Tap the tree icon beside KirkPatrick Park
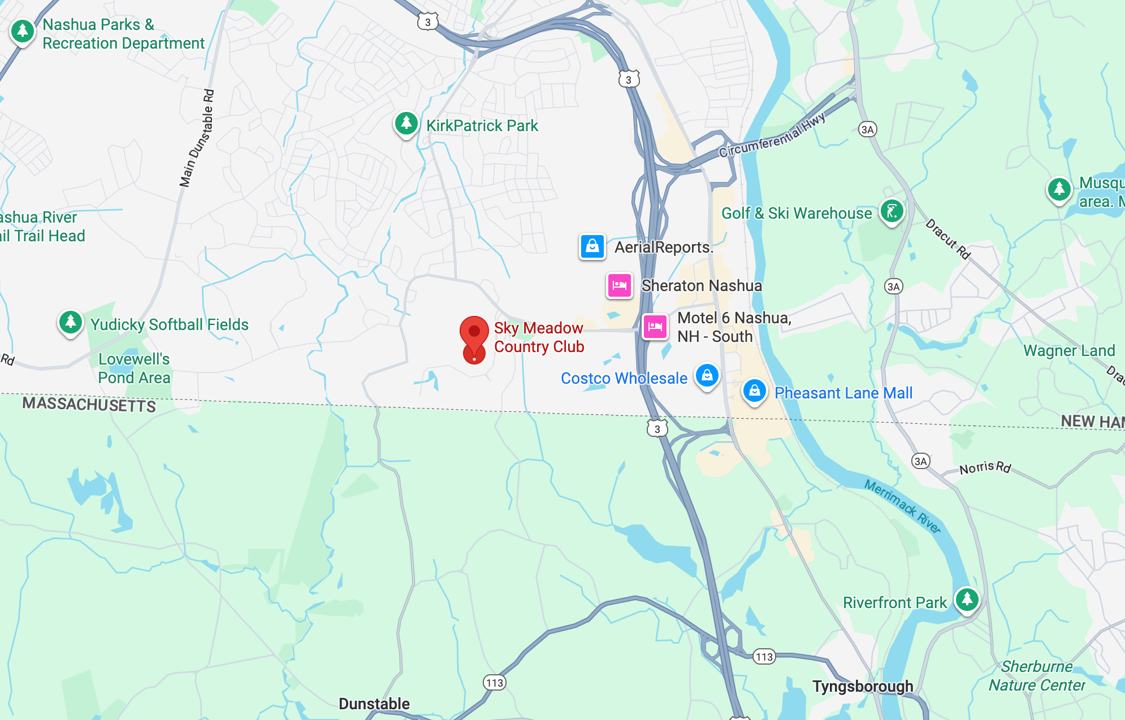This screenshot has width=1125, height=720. [406, 123]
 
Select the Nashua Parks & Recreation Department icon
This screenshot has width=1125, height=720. [23, 31]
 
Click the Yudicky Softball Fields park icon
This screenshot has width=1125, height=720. [71, 322]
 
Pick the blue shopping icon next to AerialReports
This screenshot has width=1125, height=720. [592, 246]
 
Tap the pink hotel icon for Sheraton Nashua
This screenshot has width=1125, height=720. [620, 285]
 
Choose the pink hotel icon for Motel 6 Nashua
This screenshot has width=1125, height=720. [655, 326]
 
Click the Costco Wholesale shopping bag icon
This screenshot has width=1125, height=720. [707, 375]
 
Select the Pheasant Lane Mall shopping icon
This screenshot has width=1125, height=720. [754, 391]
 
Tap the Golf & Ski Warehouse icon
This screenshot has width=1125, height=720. [892, 212]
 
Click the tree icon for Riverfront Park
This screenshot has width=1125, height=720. [967, 598]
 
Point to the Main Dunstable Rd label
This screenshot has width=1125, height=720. [197, 138]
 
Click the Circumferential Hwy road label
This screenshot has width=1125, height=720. [772, 136]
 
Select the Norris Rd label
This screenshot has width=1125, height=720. [985, 467]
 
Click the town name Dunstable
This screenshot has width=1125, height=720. [374, 704]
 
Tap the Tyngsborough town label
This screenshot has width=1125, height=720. [863, 686]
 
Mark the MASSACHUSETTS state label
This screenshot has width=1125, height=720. [89, 405]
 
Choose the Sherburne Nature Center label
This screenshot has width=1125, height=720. [1037, 676]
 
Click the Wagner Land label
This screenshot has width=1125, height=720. [1069, 351]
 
